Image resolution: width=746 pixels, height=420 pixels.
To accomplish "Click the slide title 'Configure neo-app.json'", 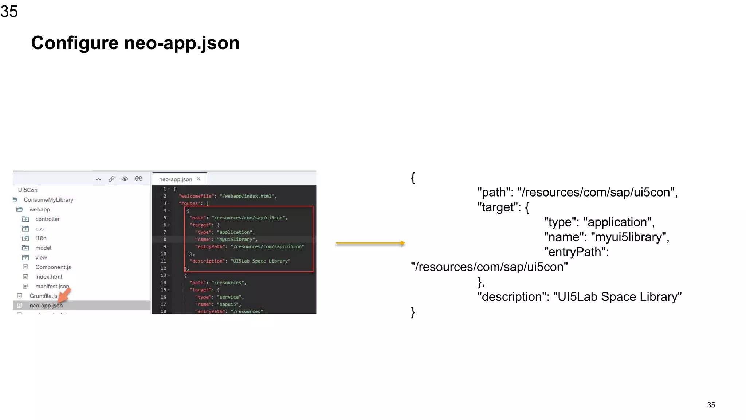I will coord(135,43).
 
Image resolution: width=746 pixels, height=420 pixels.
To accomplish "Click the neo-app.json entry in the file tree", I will coord(46,306).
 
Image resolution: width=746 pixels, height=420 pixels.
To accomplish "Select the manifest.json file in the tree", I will coord(52,286).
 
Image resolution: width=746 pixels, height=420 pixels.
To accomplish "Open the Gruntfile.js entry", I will coord(43,296).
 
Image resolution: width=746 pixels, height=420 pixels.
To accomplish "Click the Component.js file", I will coord(53,267).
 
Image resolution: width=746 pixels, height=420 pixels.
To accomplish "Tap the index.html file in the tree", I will coord(48,277).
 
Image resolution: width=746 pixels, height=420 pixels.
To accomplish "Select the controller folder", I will coord(47,219).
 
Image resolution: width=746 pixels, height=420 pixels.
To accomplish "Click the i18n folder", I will coord(41,238).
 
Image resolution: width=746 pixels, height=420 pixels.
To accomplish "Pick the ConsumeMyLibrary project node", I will coord(48,200).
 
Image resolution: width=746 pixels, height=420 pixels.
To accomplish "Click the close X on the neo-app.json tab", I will coord(199,179).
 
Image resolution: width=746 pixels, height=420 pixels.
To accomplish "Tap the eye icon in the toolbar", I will coord(125,179).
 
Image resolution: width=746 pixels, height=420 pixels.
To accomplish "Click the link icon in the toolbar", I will coord(111,179).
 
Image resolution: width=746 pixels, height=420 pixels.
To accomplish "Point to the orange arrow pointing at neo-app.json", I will coord(64,295).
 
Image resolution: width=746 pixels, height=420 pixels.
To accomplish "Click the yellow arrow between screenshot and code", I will coord(370,243).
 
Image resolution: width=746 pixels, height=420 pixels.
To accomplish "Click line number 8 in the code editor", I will coord(165,240).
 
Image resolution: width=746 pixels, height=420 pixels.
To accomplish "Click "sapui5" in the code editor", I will coord(228,304).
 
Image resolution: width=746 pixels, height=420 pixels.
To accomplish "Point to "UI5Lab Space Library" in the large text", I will coord(617,297).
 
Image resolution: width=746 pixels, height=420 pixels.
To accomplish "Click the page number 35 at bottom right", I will coord(711,405).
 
